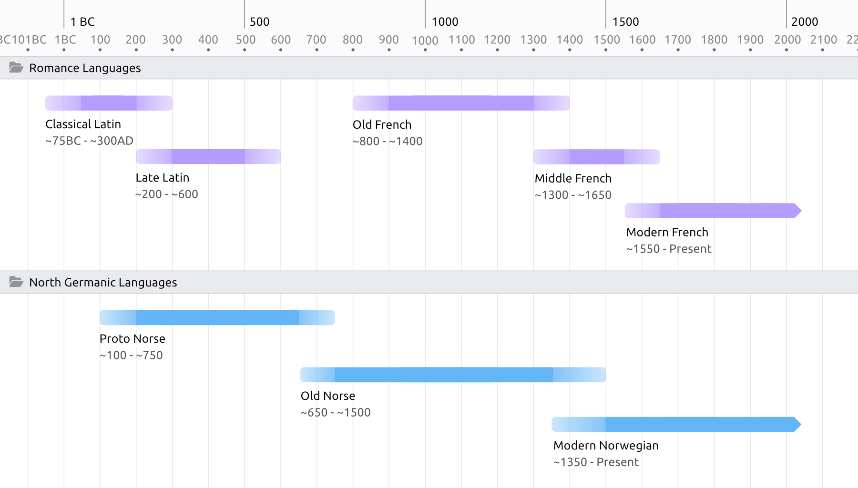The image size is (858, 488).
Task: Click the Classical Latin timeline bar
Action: tap(109, 103)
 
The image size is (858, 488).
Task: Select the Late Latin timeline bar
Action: tap(208, 156)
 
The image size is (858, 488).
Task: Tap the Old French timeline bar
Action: tap(461, 103)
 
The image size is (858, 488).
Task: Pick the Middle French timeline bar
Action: tap(596, 157)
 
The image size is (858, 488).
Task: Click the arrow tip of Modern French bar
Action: tap(798, 211)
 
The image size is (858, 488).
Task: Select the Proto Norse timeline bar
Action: tap(217, 317)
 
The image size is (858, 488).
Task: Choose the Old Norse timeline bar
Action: tap(453, 375)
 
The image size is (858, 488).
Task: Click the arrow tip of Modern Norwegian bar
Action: tap(797, 424)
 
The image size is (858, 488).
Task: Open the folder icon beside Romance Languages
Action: tap(16, 68)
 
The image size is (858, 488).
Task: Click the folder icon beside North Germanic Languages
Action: tap(16, 282)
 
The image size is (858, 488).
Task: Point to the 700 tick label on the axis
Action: tap(316, 40)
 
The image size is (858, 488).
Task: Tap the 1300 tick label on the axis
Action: tap(533, 40)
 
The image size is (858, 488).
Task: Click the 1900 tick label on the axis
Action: tap(750, 40)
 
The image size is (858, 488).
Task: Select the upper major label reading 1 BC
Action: tap(82, 21)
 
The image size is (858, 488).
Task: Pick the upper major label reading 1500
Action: tap(625, 21)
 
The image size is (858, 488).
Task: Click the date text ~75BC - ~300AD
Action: tap(89, 141)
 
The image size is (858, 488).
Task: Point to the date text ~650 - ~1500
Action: tap(336, 412)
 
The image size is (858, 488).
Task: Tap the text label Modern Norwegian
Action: tap(606, 445)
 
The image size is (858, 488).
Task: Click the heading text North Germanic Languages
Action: tap(103, 282)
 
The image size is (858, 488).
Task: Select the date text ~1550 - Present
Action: tap(669, 249)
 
